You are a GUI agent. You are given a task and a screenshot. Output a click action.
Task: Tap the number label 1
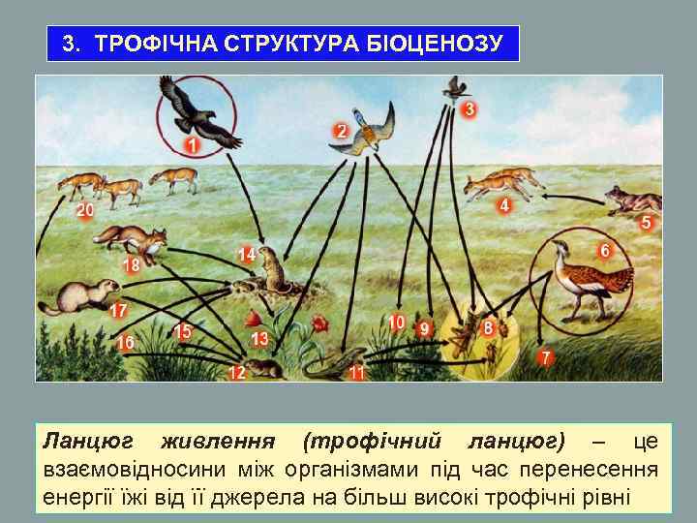(192, 145)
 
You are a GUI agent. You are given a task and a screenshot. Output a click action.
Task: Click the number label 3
(469, 108)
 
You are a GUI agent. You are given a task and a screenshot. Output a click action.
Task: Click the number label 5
(646, 223)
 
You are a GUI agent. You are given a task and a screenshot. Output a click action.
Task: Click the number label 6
(605, 250)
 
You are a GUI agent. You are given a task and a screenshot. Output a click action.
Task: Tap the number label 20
(85, 209)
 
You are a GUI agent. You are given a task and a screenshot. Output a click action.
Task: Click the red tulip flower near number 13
(255, 321)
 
